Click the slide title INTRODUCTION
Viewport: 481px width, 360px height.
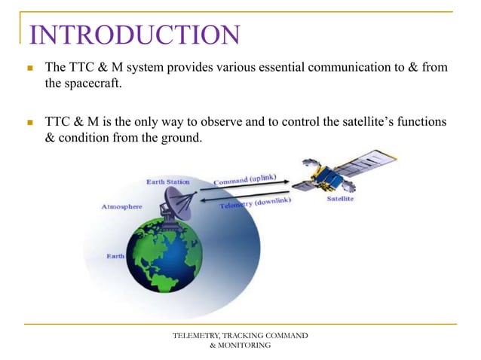tap(134, 35)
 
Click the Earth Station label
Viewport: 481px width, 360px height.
tap(168, 182)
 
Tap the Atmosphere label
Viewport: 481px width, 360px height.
tap(123, 206)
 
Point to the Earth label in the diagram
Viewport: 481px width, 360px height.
tap(115, 256)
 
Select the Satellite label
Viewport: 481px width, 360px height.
tap(342, 200)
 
